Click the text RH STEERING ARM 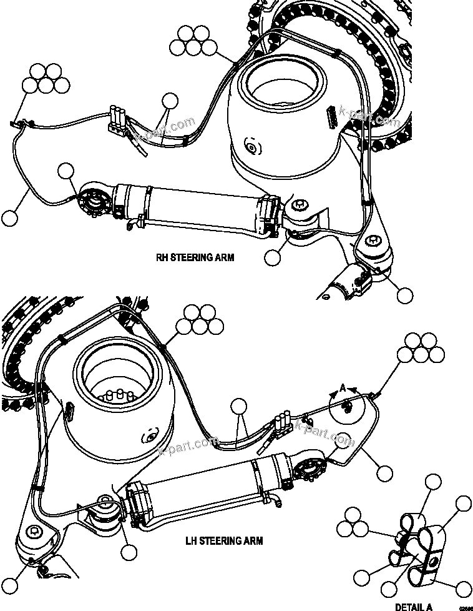[195, 257]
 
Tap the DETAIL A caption [413, 606]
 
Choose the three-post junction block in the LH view [283, 423]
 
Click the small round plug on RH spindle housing [251, 147]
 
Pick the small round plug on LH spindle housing [149, 437]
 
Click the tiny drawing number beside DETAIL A [464, 607]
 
